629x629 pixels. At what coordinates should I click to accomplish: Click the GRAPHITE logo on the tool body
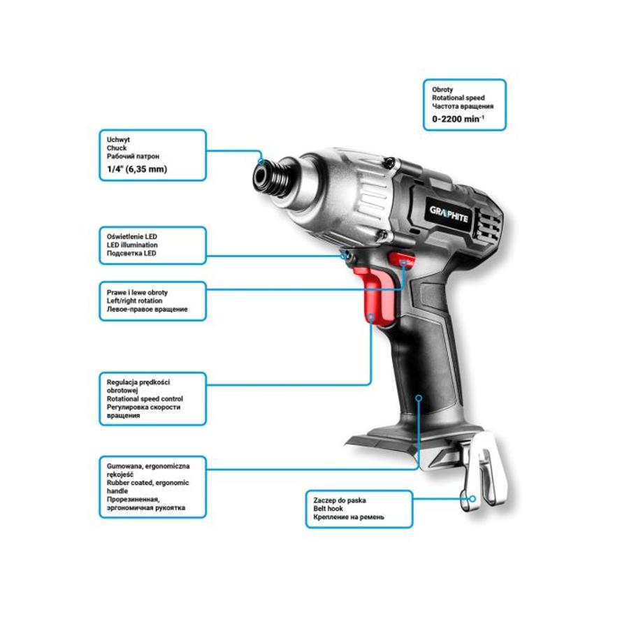coord(449,215)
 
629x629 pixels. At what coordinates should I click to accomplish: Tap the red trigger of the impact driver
coord(376,295)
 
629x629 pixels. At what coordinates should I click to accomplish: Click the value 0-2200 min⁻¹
coord(458,119)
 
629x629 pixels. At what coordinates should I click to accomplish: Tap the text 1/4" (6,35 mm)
coord(137,169)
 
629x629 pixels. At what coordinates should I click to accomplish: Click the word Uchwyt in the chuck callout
coord(118,140)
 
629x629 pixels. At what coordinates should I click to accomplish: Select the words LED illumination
coord(132,245)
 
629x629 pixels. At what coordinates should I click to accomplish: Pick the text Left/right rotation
coord(134,301)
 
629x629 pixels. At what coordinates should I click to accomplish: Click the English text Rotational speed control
coord(145,399)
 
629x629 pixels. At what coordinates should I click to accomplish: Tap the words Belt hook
coord(328,508)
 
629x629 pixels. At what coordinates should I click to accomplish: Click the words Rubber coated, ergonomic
coord(147,482)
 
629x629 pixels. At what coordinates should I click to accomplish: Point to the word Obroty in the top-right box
coord(442,89)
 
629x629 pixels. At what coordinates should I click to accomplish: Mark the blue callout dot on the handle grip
coord(419,398)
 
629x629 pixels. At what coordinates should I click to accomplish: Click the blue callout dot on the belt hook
coord(472,498)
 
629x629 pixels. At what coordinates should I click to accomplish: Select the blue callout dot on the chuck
coord(261,161)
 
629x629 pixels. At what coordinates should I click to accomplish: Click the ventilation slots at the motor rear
coord(486,226)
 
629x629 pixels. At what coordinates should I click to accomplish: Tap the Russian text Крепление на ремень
coord(349,516)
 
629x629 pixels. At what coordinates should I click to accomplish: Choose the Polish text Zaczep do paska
coord(340,500)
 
